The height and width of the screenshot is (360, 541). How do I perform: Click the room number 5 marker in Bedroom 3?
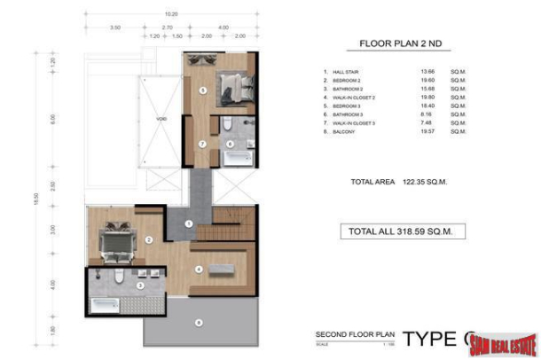tap(203, 90)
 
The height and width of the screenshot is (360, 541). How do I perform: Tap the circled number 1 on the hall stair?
tap(188, 223)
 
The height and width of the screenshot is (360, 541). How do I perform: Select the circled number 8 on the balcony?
tap(199, 322)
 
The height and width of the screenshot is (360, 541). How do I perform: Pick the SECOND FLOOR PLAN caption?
tap(353, 334)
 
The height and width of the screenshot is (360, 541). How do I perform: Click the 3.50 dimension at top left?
tap(115, 27)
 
